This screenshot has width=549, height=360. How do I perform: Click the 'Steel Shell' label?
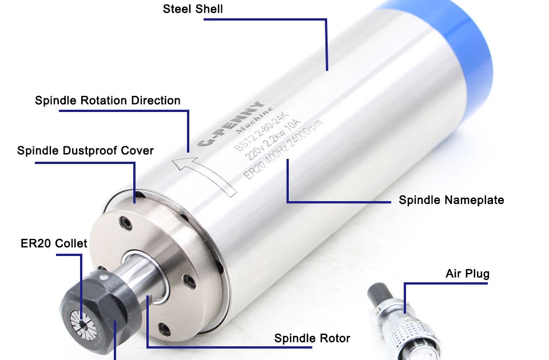pos(193,9)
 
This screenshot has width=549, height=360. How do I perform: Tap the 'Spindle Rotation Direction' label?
pos(108,101)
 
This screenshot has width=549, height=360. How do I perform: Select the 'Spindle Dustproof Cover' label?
pos(85,151)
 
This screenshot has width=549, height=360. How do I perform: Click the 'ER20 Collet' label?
pos(54,243)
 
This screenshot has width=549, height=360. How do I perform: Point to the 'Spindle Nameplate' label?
pos(451,200)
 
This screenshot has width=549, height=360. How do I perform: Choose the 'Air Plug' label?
pos(467,274)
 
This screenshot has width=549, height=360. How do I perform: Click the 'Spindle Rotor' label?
pos(312,338)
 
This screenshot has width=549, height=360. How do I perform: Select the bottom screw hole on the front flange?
pos(165,330)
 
